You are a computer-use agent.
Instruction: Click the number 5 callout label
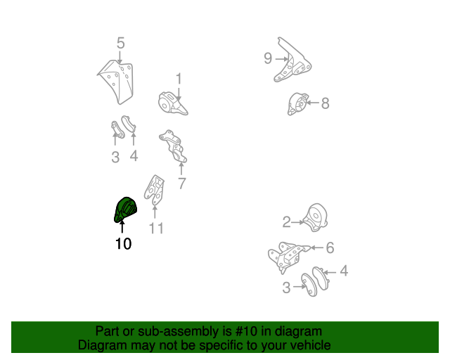120,44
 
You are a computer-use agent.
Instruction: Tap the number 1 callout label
179,78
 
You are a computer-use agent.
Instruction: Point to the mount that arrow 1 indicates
172,103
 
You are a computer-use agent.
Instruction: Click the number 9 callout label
267,58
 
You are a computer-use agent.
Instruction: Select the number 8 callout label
325,103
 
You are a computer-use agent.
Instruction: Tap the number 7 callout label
181,184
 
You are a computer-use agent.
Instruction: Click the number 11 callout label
155,228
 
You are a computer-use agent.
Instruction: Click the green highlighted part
124,210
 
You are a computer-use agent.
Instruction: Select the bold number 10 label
122,245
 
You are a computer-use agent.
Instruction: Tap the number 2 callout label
286,223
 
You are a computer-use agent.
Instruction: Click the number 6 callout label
329,247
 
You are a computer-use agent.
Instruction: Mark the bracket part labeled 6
288,256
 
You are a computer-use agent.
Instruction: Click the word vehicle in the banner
309,345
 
